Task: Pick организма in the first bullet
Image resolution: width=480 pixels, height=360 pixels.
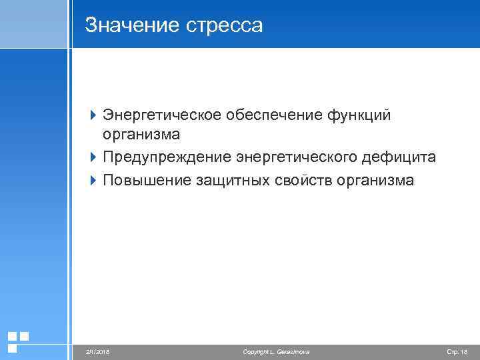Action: [141, 135]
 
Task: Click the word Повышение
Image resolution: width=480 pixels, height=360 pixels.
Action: [147, 180]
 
